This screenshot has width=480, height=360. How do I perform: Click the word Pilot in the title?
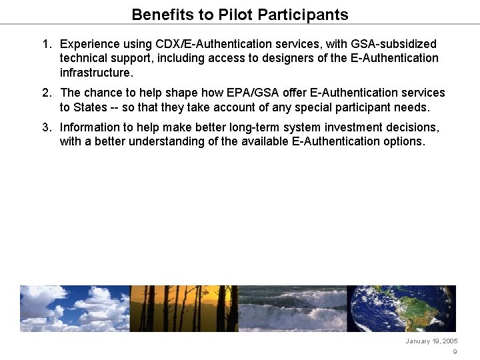pos(234,14)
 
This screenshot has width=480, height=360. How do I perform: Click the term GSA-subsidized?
pos(391,44)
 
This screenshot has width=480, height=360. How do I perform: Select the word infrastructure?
pos(96,72)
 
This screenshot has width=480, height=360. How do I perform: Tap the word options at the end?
pos(403,141)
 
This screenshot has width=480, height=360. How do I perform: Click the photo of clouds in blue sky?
pos(75,309)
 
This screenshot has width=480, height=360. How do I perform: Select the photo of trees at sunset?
pos(184,309)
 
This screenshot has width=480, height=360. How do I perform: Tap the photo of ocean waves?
pos(293,309)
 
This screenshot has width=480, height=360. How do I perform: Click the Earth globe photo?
pos(402,309)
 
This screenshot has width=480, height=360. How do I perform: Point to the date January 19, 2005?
pos(431,341)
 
